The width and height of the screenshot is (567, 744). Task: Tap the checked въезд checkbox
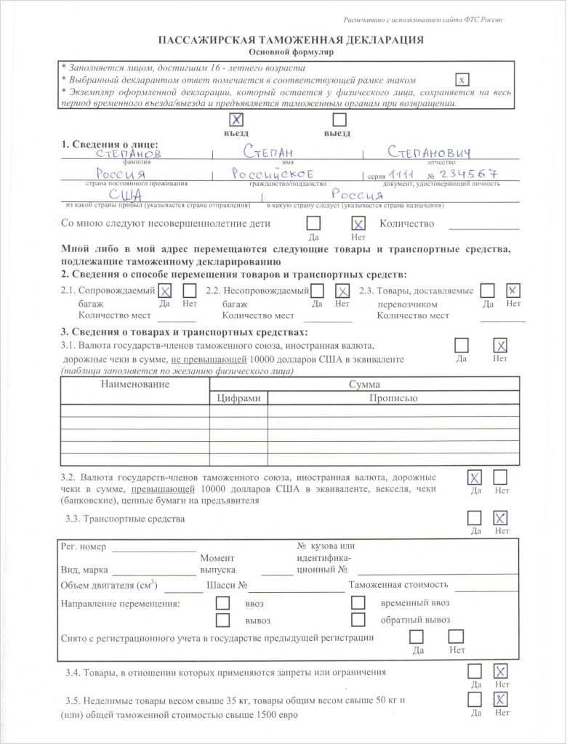(x=236, y=120)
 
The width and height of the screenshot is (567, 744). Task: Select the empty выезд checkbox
(x=338, y=120)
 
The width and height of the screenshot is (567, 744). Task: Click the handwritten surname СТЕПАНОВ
(x=130, y=153)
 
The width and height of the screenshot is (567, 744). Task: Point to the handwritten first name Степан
(x=268, y=153)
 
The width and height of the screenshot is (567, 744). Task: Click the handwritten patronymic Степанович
(x=430, y=152)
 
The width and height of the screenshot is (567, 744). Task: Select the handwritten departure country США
(x=125, y=196)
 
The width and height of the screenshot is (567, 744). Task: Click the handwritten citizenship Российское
(x=272, y=174)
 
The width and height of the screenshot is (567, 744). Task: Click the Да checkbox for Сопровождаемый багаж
(x=165, y=291)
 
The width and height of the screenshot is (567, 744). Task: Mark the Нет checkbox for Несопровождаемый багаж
(x=342, y=291)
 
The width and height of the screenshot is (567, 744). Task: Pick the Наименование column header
(x=135, y=384)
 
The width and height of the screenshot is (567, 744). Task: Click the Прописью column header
(x=393, y=398)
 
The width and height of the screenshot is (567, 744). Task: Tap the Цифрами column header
(x=239, y=398)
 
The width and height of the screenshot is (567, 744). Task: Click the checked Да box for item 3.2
(x=475, y=477)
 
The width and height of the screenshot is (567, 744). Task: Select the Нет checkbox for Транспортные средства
(x=500, y=518)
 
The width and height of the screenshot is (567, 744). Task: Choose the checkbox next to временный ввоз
(x=358, y=603)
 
